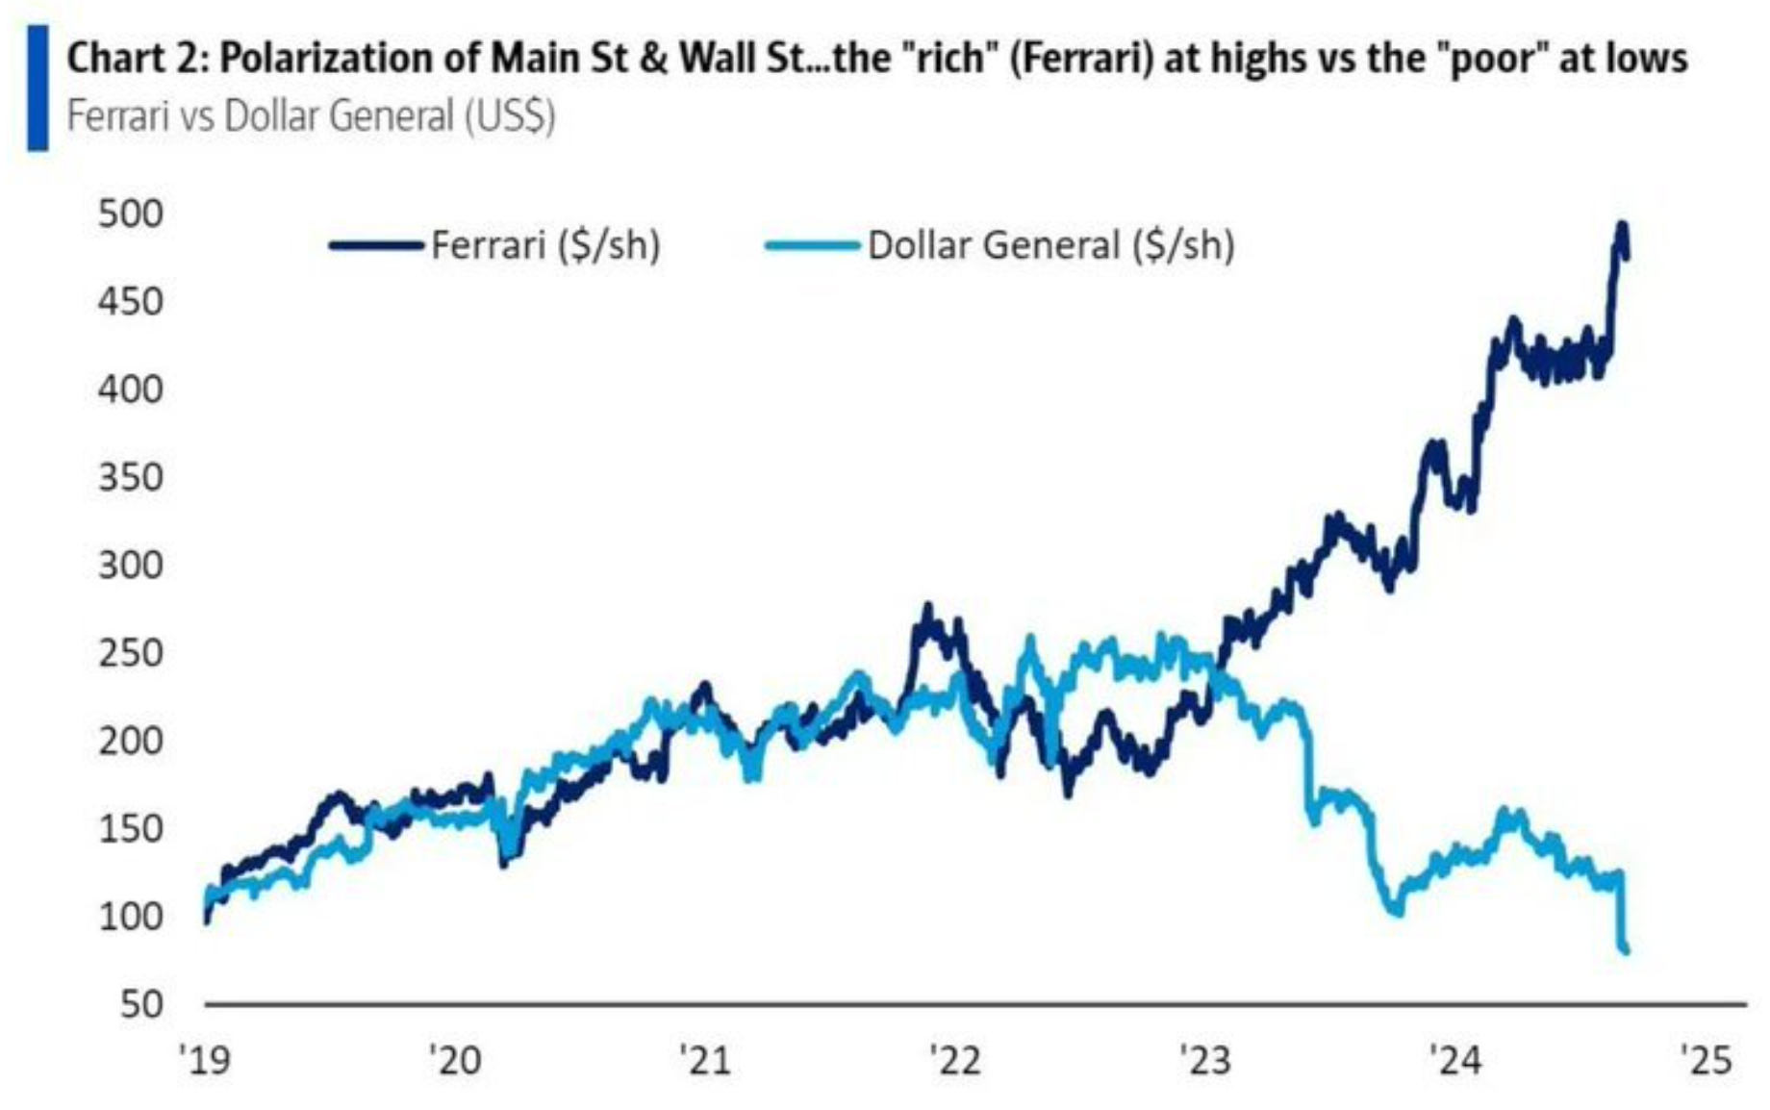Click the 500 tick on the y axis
[131, 214]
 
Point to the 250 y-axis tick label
[131, 653]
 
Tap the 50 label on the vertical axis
[142, 1004]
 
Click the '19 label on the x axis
[205, 1060]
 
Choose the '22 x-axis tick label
[955, 1060]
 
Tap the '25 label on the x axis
[1706, 1060]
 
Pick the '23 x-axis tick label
[1205, 1060]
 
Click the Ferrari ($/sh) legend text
[545, 245]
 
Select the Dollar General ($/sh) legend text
[1050, 245]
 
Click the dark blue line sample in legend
[376, 245]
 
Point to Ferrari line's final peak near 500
[1622, 226]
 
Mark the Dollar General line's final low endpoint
[1626, 951]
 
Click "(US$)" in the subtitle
[510, 116]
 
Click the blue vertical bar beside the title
[38, 88]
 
